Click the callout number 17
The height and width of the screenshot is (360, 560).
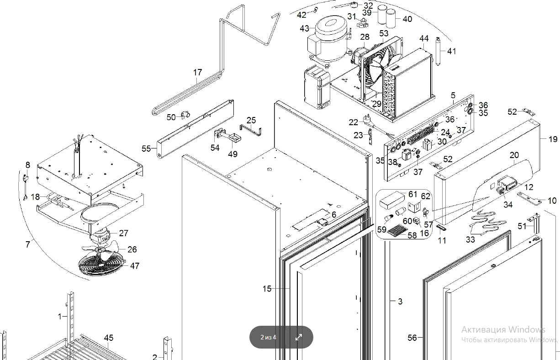click(197, 72)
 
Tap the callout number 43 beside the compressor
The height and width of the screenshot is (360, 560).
click(305, 28)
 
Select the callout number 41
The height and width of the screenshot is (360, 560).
click(451, 51)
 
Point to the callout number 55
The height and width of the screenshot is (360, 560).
click(146, 148)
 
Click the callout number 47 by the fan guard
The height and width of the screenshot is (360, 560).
click(135, 265)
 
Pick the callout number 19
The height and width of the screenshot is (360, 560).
click(553, 139)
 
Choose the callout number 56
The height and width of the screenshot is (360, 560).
click(412, 338)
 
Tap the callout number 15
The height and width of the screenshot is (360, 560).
click(267, 289)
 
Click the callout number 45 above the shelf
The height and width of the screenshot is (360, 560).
click(108, 338)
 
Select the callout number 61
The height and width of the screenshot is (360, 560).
click(413, 195)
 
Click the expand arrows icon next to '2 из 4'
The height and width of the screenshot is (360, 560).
click(299, 338)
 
